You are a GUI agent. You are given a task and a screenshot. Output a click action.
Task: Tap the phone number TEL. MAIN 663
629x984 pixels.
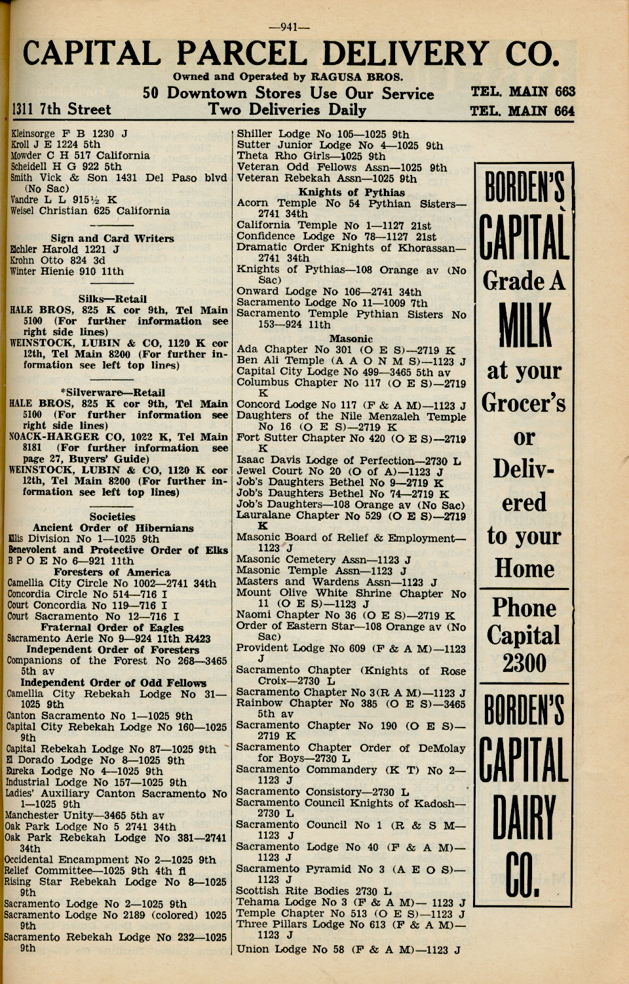[x=522, y=92]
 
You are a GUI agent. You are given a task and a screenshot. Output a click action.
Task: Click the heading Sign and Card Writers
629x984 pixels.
[x=112, y=239]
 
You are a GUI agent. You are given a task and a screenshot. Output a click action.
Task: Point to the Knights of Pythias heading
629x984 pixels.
[x=351, y=192]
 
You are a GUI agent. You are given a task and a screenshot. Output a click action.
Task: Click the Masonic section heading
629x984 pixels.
[x=351, y=338]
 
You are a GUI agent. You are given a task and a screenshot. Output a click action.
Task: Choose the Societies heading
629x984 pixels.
[x=112, y=517]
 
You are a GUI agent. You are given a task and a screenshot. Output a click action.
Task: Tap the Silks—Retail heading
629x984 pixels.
[x=112, y=299]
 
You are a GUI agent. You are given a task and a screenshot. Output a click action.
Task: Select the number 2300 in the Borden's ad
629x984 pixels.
[x=524, y=663]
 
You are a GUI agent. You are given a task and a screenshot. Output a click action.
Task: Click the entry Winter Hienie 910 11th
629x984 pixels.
[x=67, y=271]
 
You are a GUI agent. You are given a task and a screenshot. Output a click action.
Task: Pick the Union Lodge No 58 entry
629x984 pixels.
[x=348, y=949]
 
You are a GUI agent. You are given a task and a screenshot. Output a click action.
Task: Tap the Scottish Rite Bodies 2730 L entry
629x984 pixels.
[x=314, y=891]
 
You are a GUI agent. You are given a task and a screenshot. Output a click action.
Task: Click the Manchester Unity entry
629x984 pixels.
[x=85, y=816]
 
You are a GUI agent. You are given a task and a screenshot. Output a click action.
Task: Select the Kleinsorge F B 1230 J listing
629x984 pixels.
[x=69, y=134]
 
